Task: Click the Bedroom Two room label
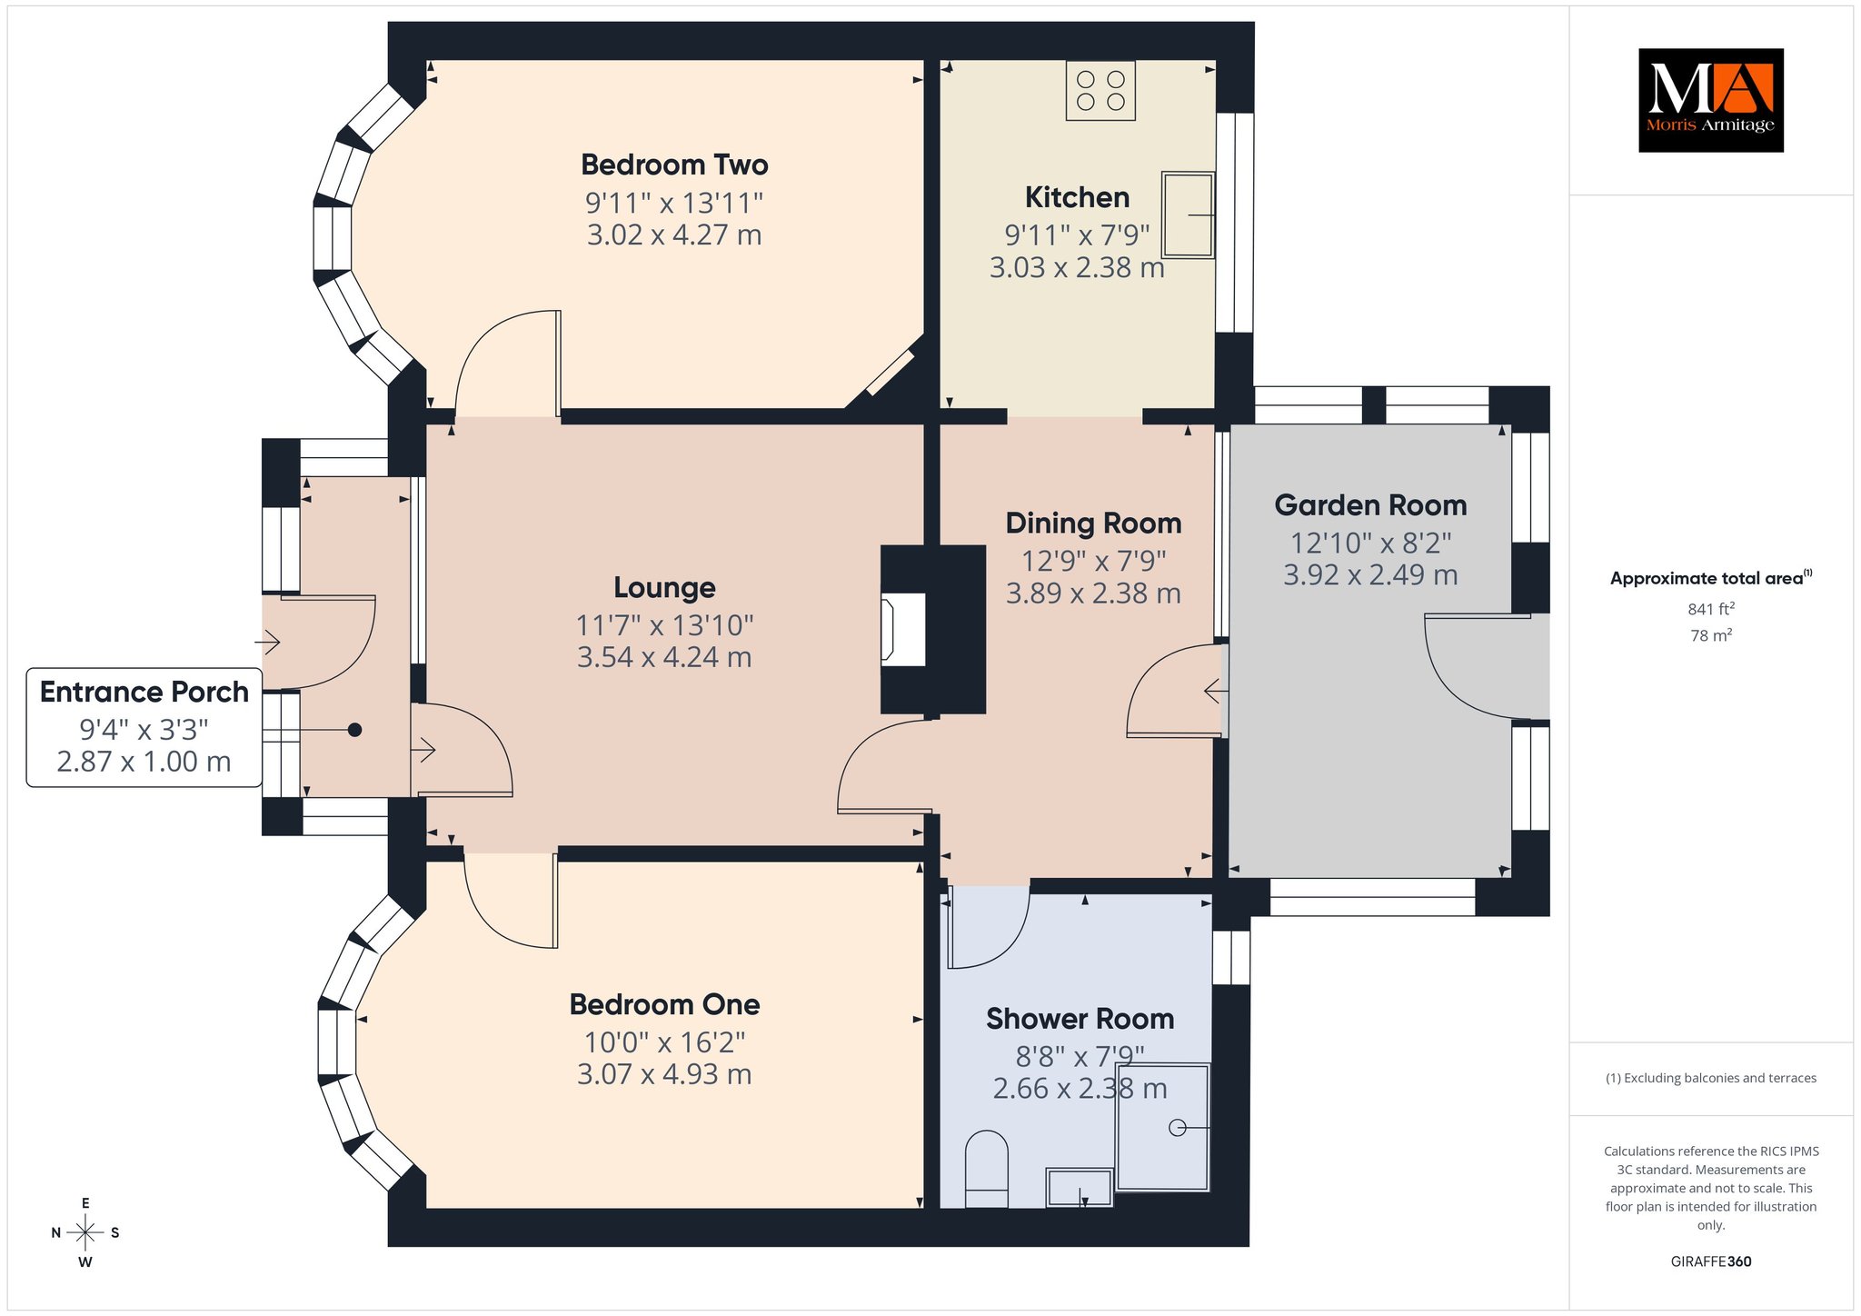(x=674, y=164)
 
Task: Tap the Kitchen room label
(x=1077, y=197)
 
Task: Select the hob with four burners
(x=1100, y=91)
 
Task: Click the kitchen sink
(x=1188, y=215)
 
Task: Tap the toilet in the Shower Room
(x=986, y=1169)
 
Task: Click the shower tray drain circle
(x=1178, y=1128)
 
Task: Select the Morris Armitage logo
(x=1711, y=100)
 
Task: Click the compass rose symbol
(x=85, y=1233)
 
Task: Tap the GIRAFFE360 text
(x=1711, y=1261)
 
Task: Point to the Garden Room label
(x=1370, y=505)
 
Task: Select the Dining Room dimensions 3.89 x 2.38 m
(x=1093, y=593)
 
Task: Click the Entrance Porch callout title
(x=144, y=692)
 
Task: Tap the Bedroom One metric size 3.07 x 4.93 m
(x=664, y=1074)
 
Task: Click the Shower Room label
(x=1080, y=1019)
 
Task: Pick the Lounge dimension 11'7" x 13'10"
(x=664, y=625)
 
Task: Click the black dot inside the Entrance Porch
(x=355, y=730)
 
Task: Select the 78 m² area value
(x=1711, y=636)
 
